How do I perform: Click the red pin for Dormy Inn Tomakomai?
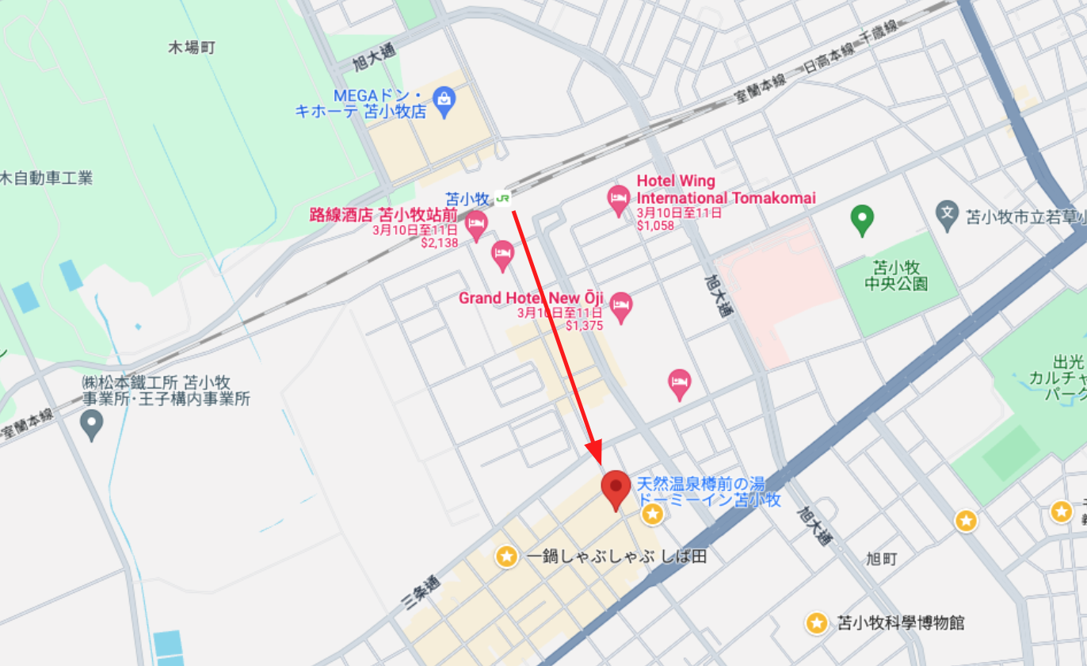tap(616, 488)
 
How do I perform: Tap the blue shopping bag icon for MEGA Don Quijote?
tap(444, 101)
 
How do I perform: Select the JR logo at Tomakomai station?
tap(502, 198)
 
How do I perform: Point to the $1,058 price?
tap(655, 226)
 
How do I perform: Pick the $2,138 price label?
tap(440, 243)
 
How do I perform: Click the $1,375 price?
tap(585, 326)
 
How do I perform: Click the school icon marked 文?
tap(948, 214)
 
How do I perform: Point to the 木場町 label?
tap(192, 48)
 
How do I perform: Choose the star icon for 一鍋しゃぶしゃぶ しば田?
tap(506, 557)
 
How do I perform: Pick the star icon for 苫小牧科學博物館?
tap(817, 623)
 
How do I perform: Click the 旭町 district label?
tap(881, 560)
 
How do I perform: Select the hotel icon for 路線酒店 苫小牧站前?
tap(476, 225)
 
